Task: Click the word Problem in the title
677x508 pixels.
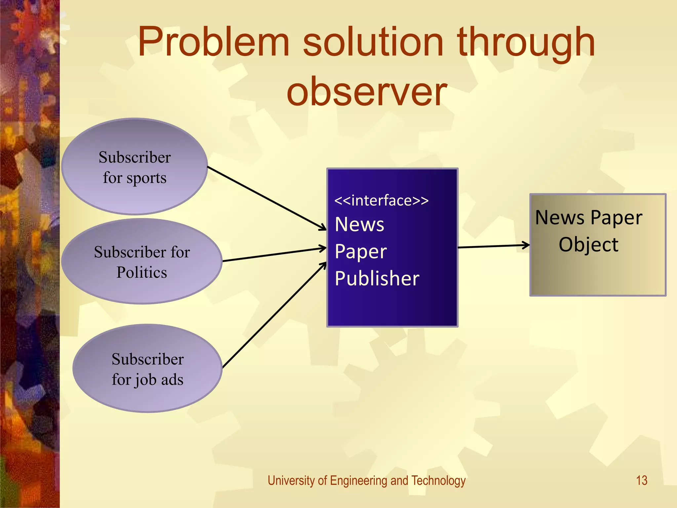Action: [214, 42]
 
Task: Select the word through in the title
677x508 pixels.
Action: [526, 42]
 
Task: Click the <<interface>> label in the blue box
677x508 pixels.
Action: [381, 200]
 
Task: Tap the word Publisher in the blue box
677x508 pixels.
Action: [377, 278]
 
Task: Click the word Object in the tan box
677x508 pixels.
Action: [588, 245]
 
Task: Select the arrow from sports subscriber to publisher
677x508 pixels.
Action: [266, 198]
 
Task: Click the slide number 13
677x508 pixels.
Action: [642, 480]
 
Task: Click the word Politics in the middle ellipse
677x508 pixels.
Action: [142, 273]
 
